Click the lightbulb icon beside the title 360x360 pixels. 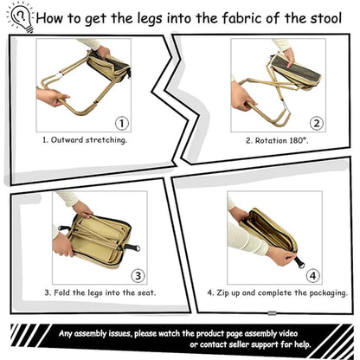(20, 16)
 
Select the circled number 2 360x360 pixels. (316, 123)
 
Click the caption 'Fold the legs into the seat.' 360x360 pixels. (100, 292)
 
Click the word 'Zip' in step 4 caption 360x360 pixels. (214, 292)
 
